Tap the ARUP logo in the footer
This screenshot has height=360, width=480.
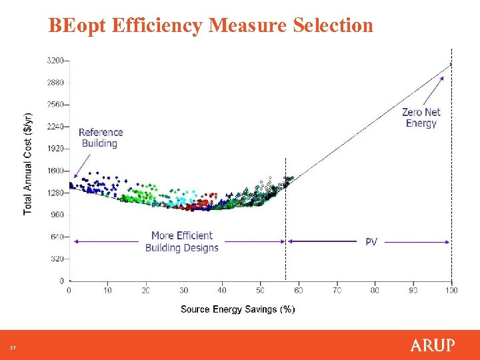click(432, 345)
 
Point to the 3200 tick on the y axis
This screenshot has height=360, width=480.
click(56, 61)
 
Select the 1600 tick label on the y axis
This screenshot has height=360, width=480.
click(56, 171)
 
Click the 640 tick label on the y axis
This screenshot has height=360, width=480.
click(58, 237)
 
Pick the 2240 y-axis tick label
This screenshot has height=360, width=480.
click(56, 127)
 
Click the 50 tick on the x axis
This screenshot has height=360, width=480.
click(261, 291)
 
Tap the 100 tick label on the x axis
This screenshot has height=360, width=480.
click(451, 291)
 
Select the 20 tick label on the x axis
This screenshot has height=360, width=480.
click(146, 291)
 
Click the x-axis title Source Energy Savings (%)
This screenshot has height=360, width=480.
click(237, 309)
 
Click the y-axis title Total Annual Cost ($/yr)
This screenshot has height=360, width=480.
click(28, 163)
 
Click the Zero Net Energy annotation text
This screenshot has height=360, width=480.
click(421, 118)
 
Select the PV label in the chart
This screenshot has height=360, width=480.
click(371, 241)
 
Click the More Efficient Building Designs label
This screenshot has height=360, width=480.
click(182, 241)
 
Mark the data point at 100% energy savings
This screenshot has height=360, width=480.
click(451, 64)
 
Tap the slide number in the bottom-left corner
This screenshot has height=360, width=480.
click(12, 347)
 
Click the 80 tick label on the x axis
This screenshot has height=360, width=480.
click(375, 291)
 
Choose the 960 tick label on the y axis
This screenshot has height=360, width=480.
click(58, 215)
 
